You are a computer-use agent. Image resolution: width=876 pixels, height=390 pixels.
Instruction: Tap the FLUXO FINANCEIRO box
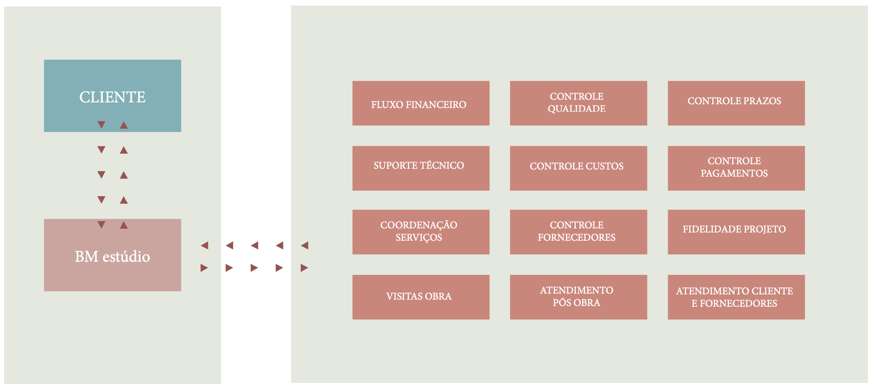421,103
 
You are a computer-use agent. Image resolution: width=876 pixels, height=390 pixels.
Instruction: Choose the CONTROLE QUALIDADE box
578,103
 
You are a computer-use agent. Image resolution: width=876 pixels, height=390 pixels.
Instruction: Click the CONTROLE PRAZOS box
736,103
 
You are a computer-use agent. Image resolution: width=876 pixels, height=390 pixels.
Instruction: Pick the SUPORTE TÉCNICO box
421,168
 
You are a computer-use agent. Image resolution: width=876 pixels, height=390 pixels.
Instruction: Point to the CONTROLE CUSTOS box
578,168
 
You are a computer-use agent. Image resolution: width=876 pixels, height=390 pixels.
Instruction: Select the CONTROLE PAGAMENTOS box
736,168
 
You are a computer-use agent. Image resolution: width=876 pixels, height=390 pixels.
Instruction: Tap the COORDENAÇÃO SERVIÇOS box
421,232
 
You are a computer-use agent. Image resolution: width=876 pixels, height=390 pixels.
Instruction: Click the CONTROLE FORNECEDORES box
578,232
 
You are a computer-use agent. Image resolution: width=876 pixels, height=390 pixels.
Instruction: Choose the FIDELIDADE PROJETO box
736,232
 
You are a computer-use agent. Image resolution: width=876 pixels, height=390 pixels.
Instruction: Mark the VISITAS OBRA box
421,297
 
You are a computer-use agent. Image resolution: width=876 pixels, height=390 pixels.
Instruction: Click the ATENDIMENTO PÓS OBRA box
578,297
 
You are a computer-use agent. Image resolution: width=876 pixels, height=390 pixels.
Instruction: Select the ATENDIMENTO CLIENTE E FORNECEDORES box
736,297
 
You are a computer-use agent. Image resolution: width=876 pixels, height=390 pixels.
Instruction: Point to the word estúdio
126,257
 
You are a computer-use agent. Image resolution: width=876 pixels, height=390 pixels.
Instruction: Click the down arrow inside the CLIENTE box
101,125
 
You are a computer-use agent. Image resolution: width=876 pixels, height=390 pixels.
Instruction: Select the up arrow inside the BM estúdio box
124,225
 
